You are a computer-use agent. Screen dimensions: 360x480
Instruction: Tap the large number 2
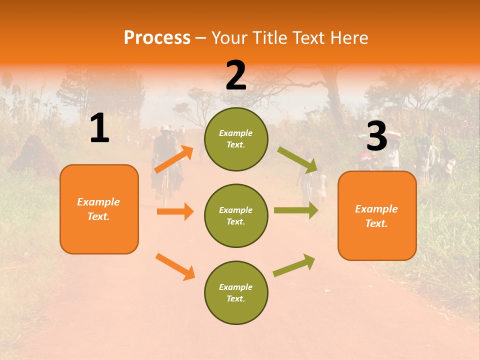click(236, 75)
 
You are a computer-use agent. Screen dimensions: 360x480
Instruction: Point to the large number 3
click(376, 136)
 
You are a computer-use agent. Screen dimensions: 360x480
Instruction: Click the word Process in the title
click(157, 37)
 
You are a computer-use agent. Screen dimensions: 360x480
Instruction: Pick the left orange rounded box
click(99, 209)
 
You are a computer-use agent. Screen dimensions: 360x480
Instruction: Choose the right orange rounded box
click(377, 215)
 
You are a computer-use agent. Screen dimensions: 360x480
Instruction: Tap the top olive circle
click(236, 139)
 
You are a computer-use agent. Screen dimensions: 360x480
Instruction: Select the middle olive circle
click(236, 215)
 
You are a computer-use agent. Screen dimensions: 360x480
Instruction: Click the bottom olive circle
click(236, 292)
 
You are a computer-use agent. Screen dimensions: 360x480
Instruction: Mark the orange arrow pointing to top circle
click(173, 159)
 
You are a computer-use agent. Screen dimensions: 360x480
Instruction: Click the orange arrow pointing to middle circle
click(175, 211)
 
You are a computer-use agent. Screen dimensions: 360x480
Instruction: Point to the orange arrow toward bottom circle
click(175, 266)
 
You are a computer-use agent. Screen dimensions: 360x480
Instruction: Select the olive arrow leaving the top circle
click(297, 159)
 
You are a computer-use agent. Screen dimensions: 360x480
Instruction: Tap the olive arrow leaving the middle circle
click(296, 210)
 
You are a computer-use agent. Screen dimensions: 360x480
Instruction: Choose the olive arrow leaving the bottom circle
click(294, 265)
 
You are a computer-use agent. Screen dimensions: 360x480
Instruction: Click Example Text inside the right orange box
click(376, 216)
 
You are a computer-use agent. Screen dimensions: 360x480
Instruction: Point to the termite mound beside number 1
click(35, 155)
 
